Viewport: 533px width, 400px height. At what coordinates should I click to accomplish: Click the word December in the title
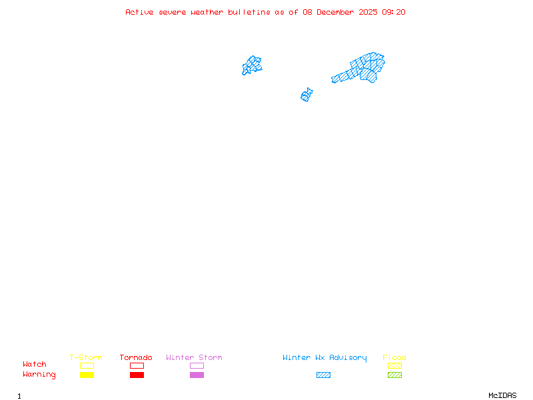click(x=339, y=12)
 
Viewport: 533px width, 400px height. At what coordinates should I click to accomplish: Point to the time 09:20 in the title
click(x=394, y=12)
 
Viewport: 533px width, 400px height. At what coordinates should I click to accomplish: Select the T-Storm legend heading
click(x=86, y=358)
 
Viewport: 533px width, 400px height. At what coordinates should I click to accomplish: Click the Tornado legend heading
click(x=136, y=358)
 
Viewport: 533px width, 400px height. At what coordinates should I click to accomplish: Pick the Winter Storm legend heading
click(x=194, y=358)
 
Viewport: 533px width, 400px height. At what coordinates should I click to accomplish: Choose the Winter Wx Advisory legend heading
click(x=324, y=358)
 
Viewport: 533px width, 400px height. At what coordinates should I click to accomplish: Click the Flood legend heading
click(x=394, y=358)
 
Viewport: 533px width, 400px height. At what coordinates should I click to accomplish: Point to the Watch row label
click(x=35, y=365)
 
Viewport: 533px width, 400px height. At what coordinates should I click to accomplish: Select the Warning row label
click(x=39, y=375)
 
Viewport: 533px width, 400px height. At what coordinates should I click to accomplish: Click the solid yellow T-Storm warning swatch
click(x=87, y=375)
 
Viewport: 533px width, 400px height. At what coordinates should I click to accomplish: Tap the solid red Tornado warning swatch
click(x=137, y=375)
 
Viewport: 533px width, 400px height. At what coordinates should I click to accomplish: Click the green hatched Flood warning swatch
click(x=394, y=375)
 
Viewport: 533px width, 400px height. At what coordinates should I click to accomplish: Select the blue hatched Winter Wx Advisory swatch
click(x=323, y=375)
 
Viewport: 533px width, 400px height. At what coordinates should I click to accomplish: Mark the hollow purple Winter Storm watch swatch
click(x=197, y=365)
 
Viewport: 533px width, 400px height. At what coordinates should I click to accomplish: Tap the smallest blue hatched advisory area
click(x=306, y=95)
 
